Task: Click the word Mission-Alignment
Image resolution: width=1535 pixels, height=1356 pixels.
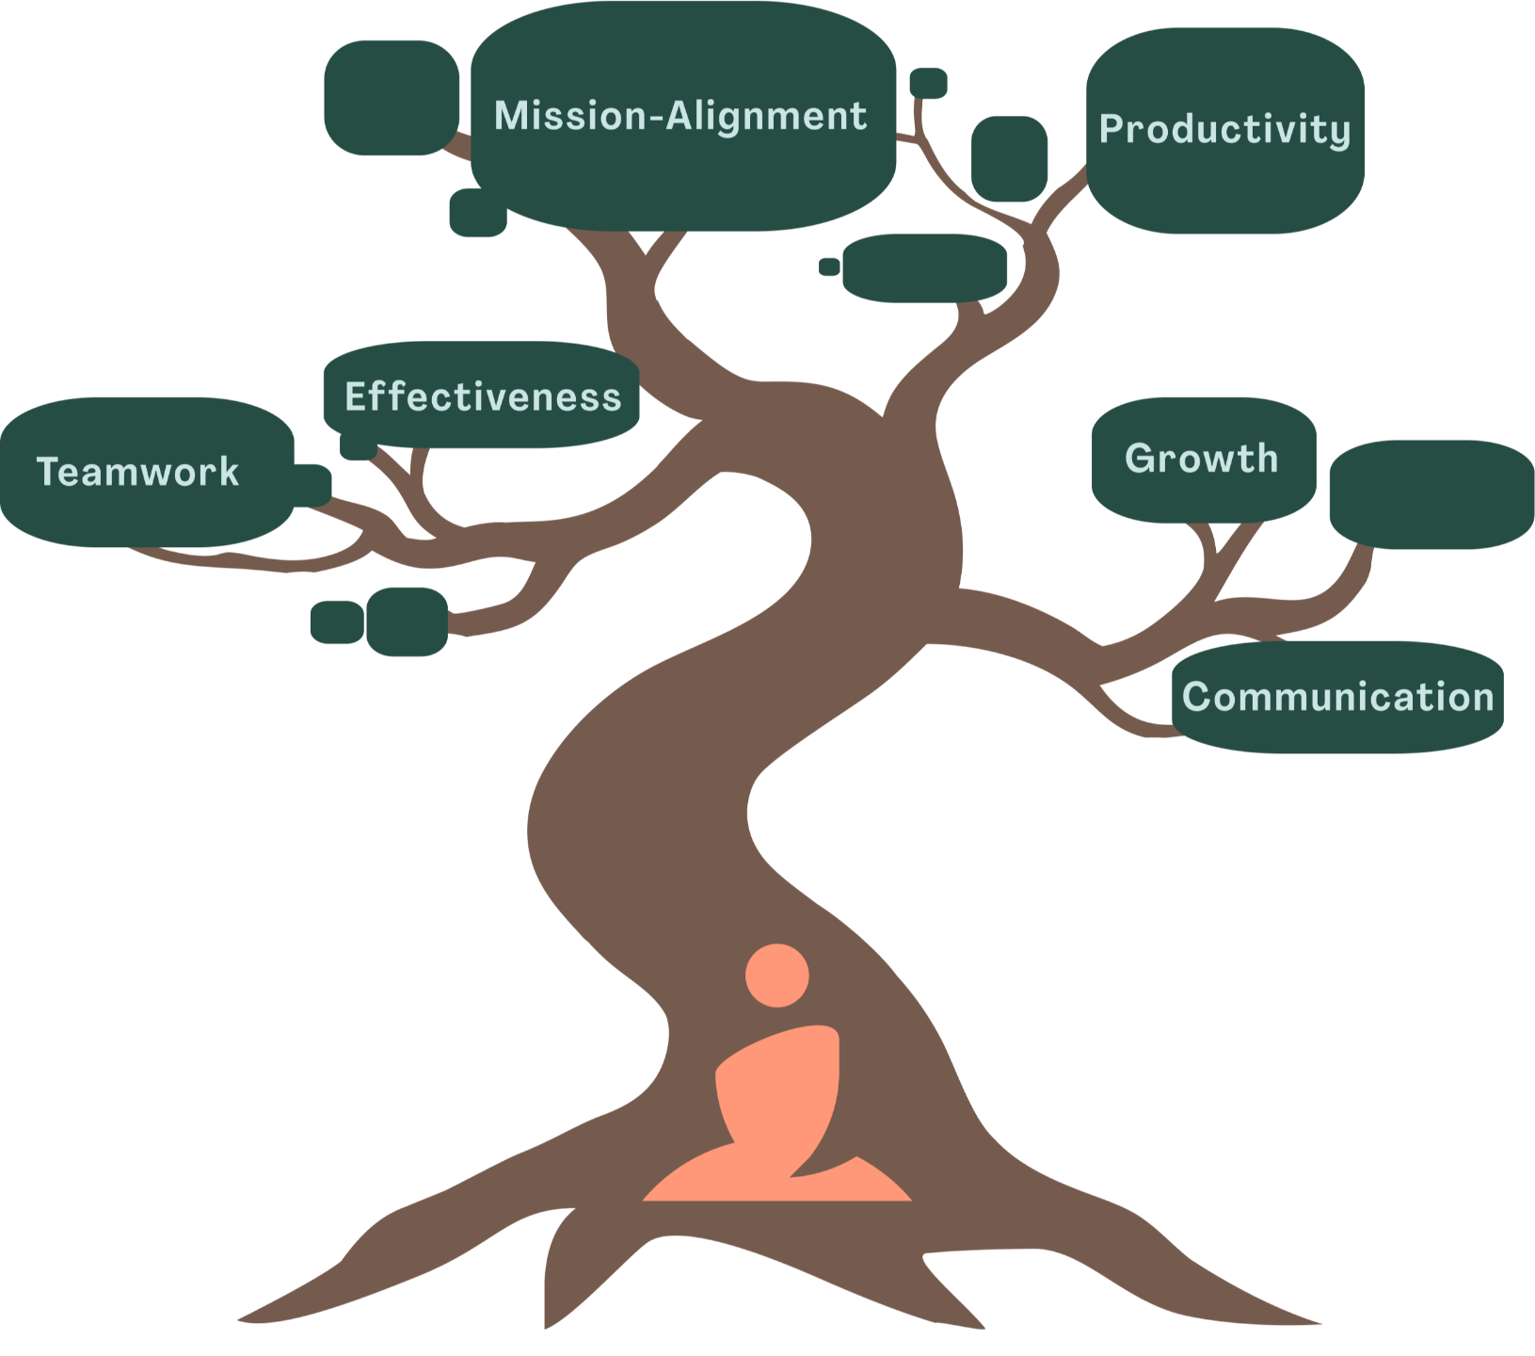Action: click(680, 116)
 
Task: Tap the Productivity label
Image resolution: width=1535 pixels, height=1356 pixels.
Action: click(1224, 129)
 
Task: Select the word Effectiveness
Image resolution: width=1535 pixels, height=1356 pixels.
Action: click(483, 397)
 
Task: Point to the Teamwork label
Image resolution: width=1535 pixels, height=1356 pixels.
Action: click(137, 472)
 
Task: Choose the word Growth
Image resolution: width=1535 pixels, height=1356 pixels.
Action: click(1201, 459)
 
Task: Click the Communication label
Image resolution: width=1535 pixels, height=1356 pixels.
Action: click(1337, 697)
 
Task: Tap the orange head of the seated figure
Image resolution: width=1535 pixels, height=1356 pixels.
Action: click(776, 976)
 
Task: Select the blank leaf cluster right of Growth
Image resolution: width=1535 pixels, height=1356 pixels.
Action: click(1431, 494)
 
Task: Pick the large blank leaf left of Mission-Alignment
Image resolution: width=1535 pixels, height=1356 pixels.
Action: click(391, 97)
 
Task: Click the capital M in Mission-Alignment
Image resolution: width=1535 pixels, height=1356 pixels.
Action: click(510, 116)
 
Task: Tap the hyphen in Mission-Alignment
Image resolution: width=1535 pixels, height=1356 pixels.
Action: click(656, 119)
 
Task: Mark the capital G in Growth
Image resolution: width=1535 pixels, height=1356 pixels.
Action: click(1141, 459)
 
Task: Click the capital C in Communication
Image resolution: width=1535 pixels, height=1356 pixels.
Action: click(1197, 697)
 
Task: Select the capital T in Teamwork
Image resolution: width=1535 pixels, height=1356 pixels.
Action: click(47, 472)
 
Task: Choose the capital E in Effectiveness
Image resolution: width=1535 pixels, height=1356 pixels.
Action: click(356, 397)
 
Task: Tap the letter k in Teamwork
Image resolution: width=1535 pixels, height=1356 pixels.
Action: click(229, 472)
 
